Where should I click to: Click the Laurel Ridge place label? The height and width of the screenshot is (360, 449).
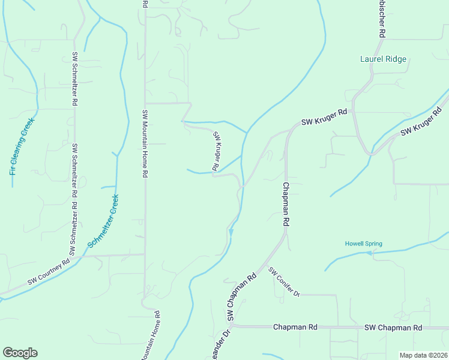point(383,59)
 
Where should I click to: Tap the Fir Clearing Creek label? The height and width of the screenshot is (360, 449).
point(22,146)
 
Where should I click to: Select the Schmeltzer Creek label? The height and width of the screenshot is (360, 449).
point(103,221)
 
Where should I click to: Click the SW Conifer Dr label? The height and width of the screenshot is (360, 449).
point(284,282)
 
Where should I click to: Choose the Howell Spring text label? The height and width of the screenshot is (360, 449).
point(363,244)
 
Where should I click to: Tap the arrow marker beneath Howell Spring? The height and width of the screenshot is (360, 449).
point(369,253)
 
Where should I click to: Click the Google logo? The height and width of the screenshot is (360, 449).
point(20,353)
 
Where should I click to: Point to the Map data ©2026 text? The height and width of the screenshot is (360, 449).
point(423,355)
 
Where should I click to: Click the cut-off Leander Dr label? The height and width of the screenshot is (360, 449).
point(220,345)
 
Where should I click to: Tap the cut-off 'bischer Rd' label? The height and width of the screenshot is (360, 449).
point(381,19)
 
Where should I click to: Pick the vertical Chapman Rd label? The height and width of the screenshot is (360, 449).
point(286,204)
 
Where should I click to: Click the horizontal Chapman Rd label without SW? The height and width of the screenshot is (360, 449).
point(295,328)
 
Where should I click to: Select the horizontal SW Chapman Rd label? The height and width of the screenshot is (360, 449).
point(393,328)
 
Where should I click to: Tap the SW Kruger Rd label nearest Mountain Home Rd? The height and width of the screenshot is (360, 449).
point(217,150)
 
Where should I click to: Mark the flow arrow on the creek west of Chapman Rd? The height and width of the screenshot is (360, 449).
point(231,232)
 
